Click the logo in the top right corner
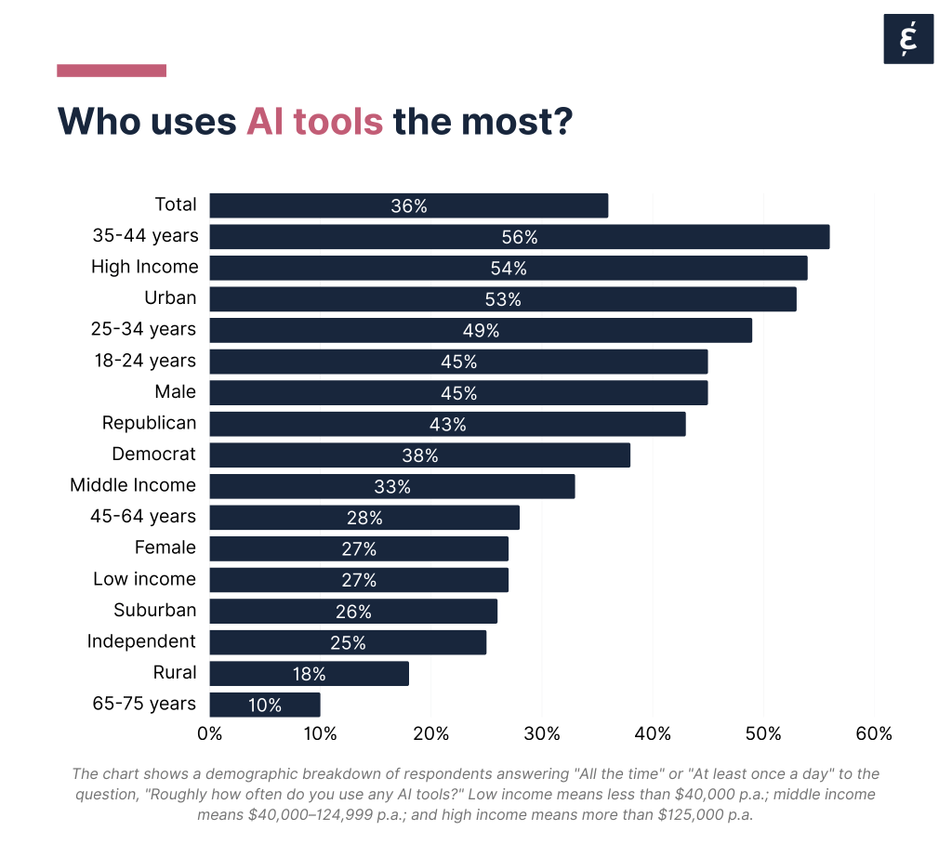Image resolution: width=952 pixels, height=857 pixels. tap(907, 40)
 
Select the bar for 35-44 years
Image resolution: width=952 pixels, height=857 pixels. tap(519, 237)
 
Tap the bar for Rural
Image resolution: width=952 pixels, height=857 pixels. tap(309, 674)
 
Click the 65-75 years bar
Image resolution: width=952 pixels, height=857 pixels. tap(265, 705)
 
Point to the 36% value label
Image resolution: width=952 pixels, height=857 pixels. tap(409, 206)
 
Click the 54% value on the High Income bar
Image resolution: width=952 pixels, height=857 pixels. tap(509, 269)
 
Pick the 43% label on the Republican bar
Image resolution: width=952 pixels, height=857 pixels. tap(448, 425)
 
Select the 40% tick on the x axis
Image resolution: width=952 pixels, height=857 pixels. tap(652, 734)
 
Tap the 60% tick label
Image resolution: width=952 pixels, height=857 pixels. tap(873, 734)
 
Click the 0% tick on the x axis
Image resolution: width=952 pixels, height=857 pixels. tap(210, 734)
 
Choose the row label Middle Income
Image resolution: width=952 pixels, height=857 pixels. tap(133, 485)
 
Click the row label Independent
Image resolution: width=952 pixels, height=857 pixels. tap(141, 641)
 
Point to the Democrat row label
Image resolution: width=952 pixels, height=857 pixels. tap(154, 454)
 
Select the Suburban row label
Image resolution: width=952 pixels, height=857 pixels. tap(155, 610)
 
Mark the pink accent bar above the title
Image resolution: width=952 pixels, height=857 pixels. tap(112, 71)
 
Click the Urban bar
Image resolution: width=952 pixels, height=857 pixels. tap(503, 299)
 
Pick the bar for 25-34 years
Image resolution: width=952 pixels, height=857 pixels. tap(481, 331)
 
